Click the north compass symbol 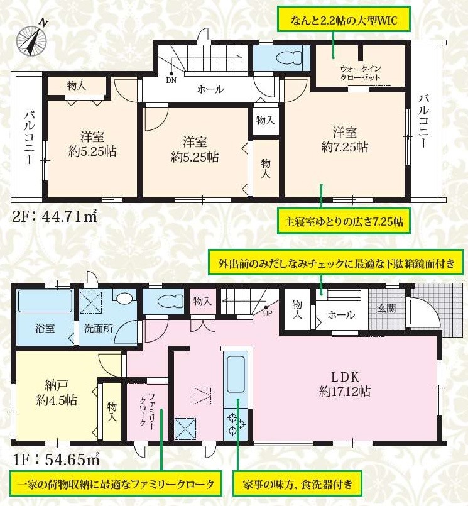[31, 40]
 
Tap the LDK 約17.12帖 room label [344, 384]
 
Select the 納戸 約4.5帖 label [57, 393]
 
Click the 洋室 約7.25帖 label [344, 140]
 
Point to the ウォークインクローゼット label [361, 74]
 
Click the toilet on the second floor [289, 58]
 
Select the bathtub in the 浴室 [45, 301]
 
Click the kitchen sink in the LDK [236, 374]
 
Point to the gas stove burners [236, 424]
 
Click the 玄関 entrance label [386, 309]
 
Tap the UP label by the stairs [268, 313]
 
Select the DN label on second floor [171, 80]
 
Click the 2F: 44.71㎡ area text [55, 216]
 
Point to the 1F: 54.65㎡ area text [56, 459]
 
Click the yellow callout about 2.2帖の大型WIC [344, 19]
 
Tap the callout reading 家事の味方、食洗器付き [297, 485]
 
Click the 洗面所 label [99, 329]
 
